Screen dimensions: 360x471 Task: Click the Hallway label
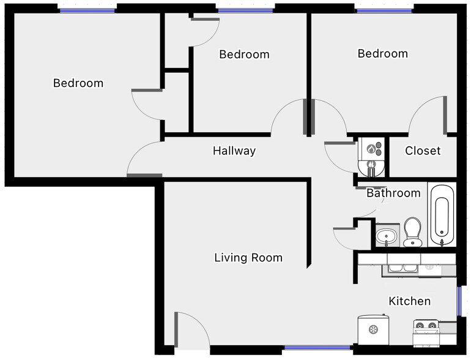[234, 151]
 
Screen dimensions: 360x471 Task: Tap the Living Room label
[248, 258]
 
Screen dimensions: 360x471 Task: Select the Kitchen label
[410, 301]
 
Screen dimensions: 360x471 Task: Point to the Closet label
[423, 151]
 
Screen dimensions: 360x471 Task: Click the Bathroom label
[393, 193]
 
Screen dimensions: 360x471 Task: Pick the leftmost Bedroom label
[78, 83]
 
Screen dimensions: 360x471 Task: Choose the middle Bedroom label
[244, 54]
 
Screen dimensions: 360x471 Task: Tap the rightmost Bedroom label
[383, 54]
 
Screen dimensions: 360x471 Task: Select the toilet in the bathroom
[412, 231]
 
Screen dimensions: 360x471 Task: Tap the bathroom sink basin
[387, 236]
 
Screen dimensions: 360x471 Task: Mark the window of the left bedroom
[87, 10]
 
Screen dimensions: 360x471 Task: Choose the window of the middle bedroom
[245, 10]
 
